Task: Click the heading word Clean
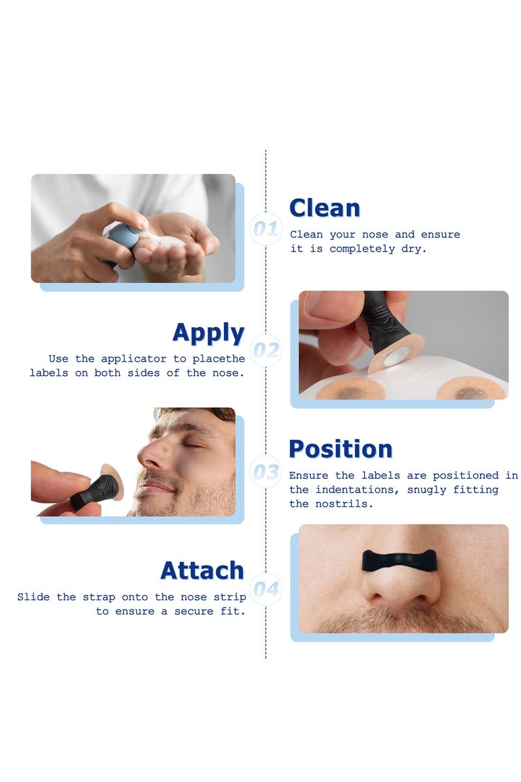click(x=324, y=208)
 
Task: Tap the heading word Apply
click(x=208, y=332)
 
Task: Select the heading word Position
click(x=341, y=449)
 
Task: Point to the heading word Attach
click(x=202, y=570)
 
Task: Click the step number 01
click(x=265, y=229)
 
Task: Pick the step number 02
click(x=266, y=351)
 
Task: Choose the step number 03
click(x=266, y=472)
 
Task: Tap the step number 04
click(x=266, y=590)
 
